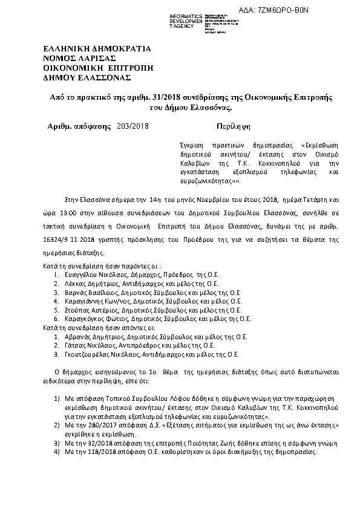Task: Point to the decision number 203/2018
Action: pos(134,127)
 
